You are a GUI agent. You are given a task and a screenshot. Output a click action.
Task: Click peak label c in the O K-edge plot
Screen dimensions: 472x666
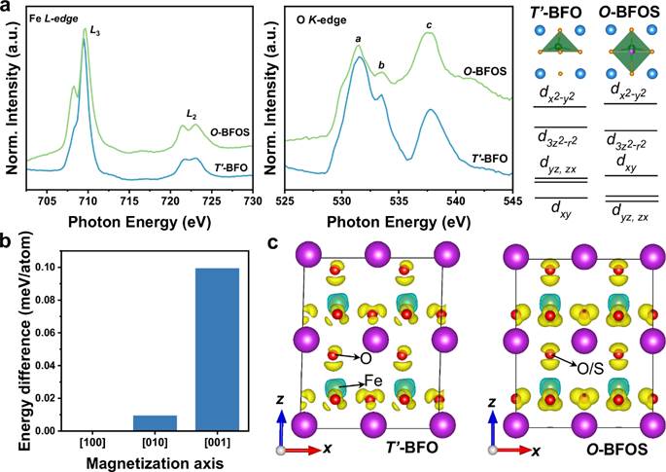click(430, 24)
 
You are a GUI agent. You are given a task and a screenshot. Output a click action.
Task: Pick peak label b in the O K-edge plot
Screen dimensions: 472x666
click(381, 65)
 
